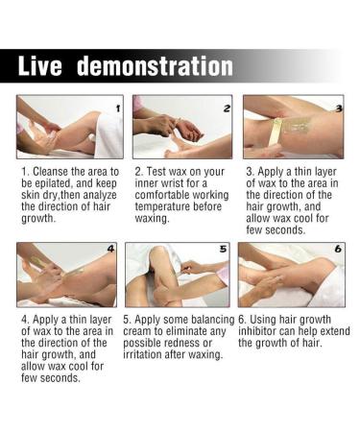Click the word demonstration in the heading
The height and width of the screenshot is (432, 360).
point(155,66)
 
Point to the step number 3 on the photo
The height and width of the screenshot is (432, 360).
point(337,108)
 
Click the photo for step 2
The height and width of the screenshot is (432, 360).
point(182,127)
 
